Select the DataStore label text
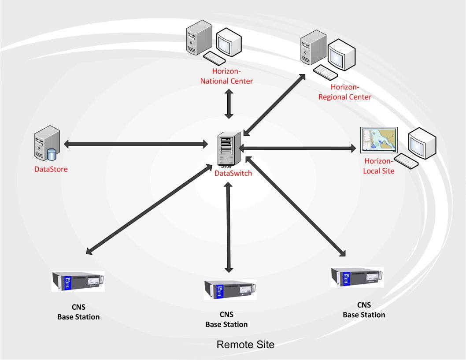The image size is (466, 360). click(51, 169)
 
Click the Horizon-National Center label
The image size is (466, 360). click(226, 76)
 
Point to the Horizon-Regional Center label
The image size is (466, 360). click(345, 92)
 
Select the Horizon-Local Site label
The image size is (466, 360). click(378, 166)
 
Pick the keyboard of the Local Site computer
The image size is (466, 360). click(406, 161)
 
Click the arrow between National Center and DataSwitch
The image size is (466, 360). click(229, 104)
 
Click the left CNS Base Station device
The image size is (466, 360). click(78, 281)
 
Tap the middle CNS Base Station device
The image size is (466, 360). click(230, 289)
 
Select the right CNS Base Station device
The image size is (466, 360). click(357, 277)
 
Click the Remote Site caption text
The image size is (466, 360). click(245, 345)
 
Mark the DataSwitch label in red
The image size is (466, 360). click(233, 173)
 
